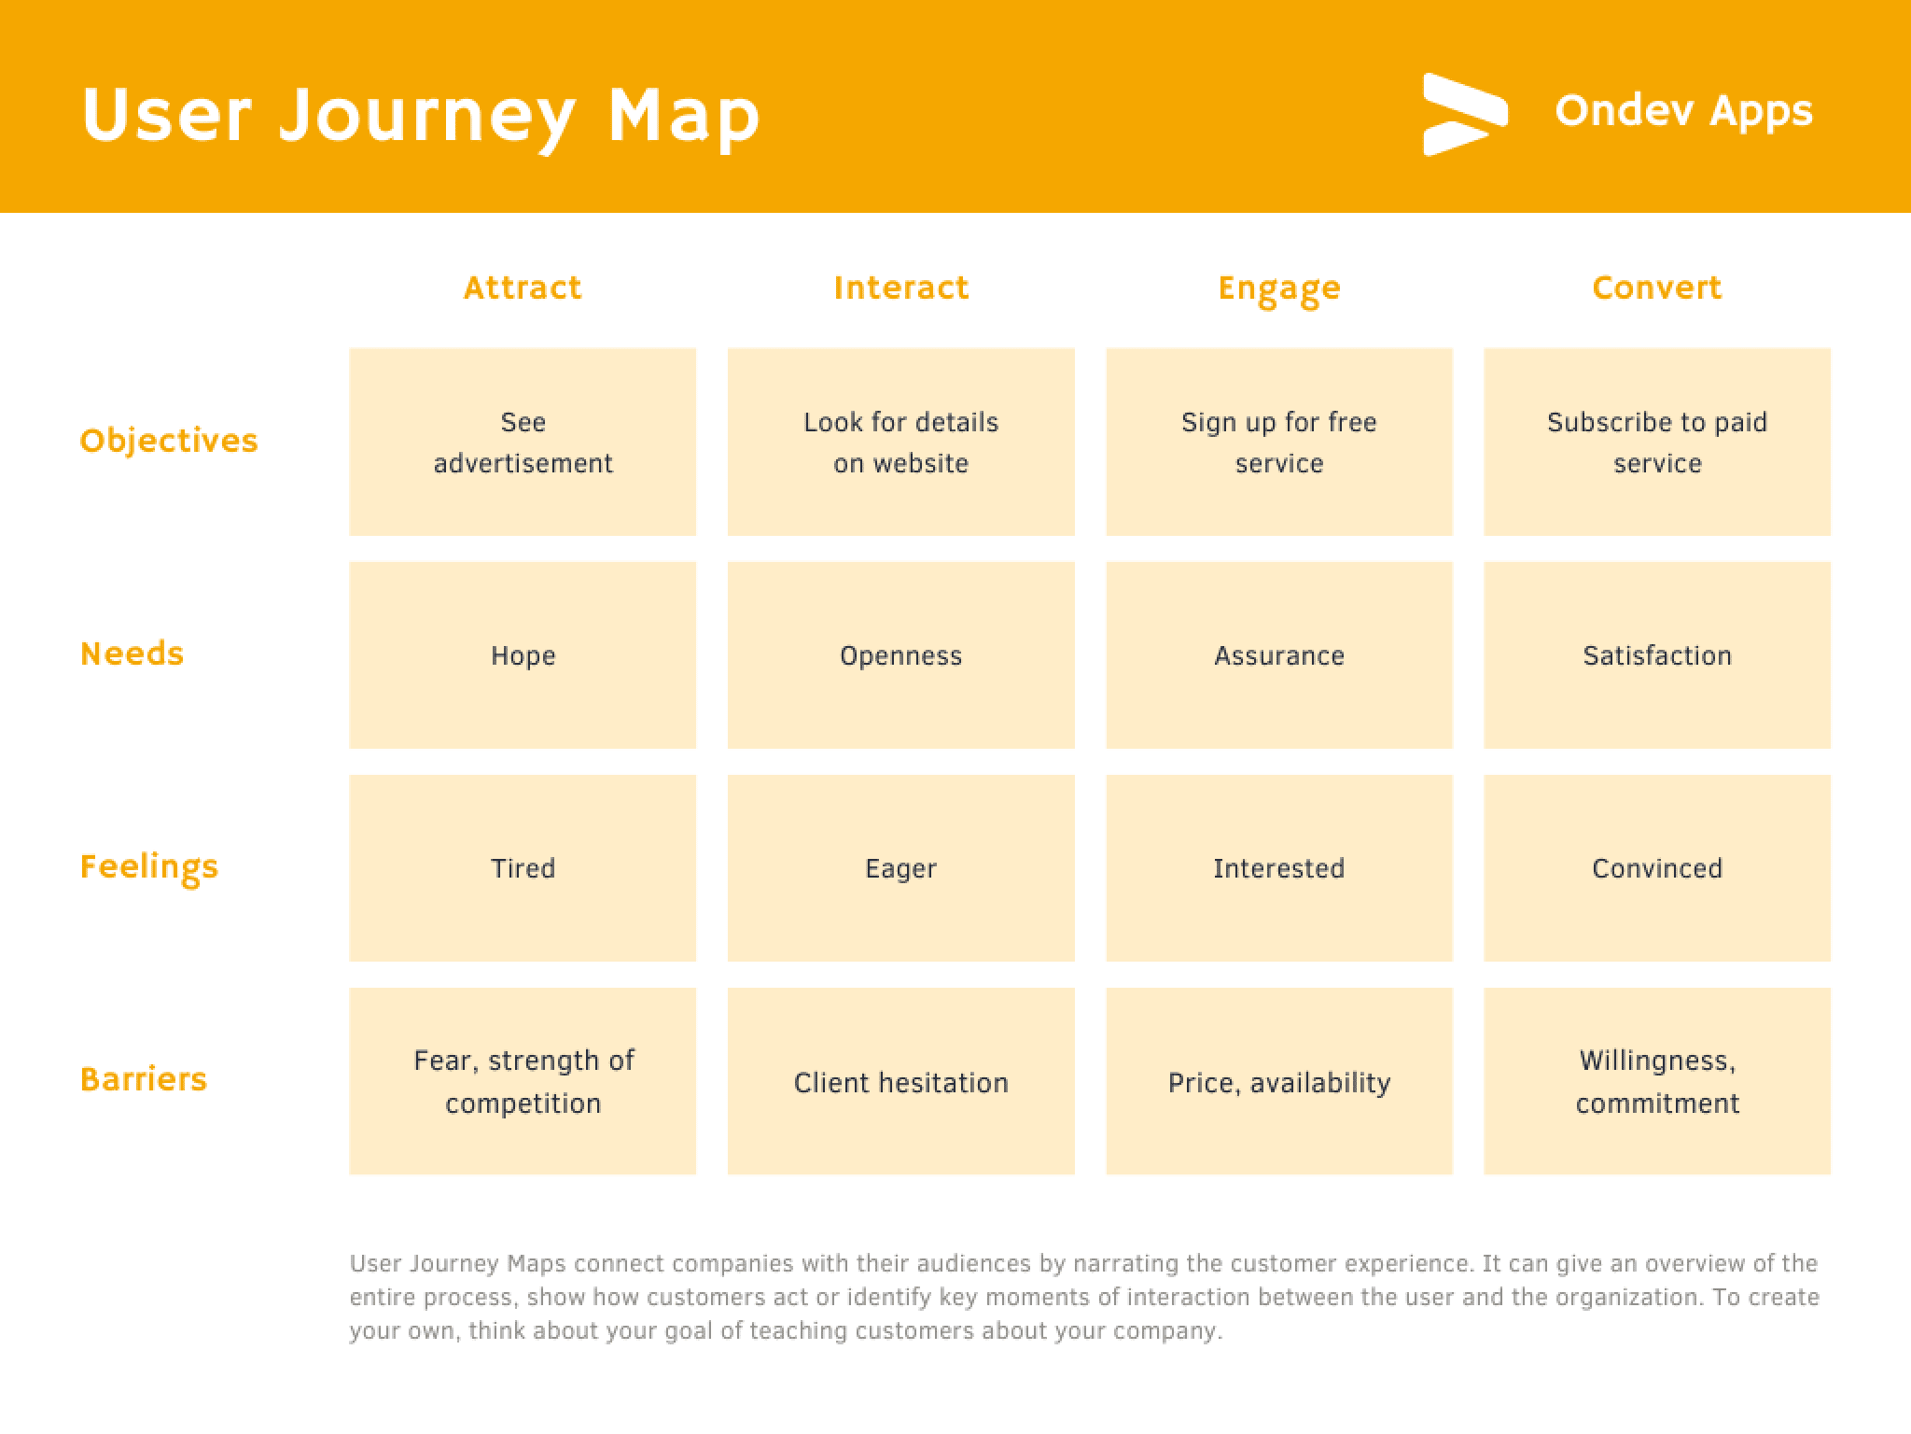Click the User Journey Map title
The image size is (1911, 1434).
[421, 116]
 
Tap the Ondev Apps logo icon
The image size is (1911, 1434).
[1465, 115]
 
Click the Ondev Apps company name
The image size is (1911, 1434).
[1683, 111]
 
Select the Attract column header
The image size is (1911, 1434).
[523, 288]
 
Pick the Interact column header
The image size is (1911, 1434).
[901, 288]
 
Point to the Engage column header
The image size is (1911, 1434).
[1279, 289]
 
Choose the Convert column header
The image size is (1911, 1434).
[1657, 288]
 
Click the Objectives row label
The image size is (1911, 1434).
[169, 441]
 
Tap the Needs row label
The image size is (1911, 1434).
[133, 654]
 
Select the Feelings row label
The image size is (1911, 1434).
[149, 867]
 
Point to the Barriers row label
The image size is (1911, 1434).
[144, 1079]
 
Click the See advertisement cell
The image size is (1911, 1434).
[523, 443]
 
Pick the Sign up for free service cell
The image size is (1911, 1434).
[1279, 443]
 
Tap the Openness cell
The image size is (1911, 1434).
[901, 655]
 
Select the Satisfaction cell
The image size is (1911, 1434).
[1657, 655]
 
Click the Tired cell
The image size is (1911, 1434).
[523, 868]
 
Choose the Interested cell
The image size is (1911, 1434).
[1279, 868]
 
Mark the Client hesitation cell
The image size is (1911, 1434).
[901, 1081]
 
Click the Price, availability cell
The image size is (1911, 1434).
[1279, 1081]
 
